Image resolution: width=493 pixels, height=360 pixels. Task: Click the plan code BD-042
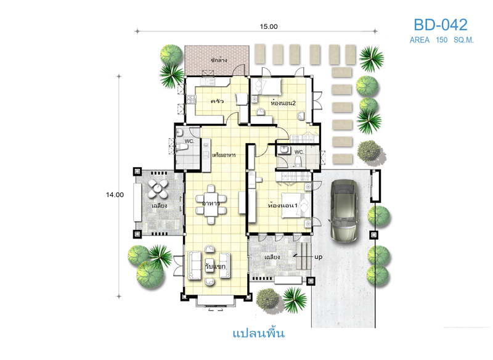click(440, 25)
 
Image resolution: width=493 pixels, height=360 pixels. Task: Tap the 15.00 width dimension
click(269, 27)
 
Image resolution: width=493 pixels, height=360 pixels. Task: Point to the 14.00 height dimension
click(115, 195)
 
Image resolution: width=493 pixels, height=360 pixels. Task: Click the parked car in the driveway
click(343, 210)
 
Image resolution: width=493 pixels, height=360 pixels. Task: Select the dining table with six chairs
click(211, 205)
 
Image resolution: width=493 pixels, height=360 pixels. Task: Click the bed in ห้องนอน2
click(267, 86)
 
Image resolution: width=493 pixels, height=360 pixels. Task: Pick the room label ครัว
click(218, 101)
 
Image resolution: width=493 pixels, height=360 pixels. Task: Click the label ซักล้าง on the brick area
click(219, 60)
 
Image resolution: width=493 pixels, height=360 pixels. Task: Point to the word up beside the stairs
click(318, 257)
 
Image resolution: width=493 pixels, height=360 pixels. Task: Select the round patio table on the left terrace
click(158, 189)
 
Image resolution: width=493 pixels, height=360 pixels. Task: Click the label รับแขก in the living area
click(215, 266)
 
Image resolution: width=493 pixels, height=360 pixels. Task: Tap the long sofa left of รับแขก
click(195, 265)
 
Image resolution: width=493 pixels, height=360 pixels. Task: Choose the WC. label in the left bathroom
click(189, 141)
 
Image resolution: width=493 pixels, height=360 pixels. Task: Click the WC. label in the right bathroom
click(299, 152)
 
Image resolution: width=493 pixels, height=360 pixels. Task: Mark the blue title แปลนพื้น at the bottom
click(258, 333)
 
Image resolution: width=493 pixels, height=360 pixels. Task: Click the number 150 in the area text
click(441, 40)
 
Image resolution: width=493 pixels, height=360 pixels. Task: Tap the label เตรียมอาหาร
click(224, 155)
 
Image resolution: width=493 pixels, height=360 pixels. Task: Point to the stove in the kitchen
click(191, 100)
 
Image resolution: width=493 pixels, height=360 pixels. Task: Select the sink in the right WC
click(285, 150)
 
